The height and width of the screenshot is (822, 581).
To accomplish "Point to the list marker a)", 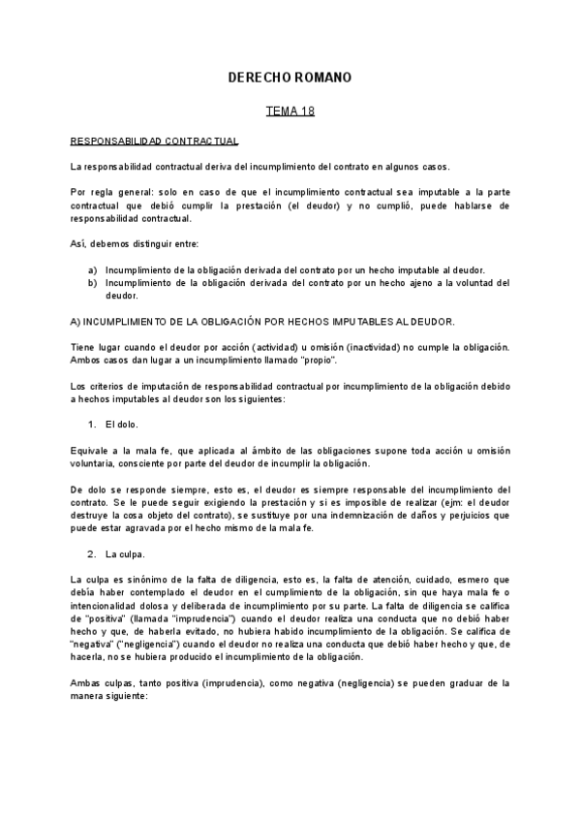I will pos(92,269).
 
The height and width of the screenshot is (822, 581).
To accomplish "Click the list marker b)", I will pos(92,282).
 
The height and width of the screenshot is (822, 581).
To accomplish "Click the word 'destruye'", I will pos(91,515).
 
